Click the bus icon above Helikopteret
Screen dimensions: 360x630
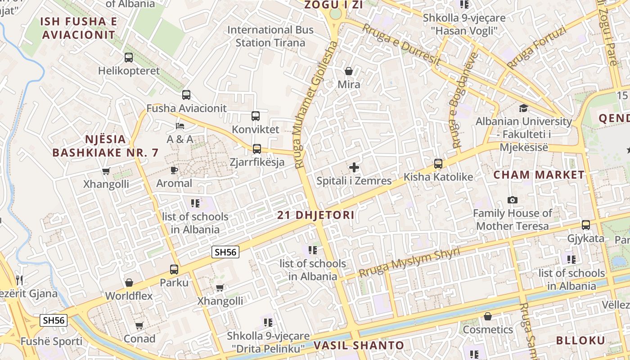(x=129, y=58)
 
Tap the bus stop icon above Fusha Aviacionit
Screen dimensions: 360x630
(x=186, y=95)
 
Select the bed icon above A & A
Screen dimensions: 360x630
(x=180, y=126)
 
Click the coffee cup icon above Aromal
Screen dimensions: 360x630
(x=174, y=170)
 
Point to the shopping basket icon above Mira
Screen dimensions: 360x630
(x=348, y=71)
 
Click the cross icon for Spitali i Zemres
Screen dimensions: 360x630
(x=354, y=168)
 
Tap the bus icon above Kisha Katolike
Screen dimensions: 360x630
(x=438, y=164)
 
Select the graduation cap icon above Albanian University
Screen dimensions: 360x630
(x=523, y=108)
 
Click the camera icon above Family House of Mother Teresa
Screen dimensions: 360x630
(x=512, y=200)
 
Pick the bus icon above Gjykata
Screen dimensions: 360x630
(x=585, y=225)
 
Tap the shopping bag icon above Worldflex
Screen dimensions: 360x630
(x=129, y=283)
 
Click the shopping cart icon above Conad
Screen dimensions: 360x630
(x=139, y=325)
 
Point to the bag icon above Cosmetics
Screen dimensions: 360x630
(x=488, y=316)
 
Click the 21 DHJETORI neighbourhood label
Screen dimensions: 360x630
(x=315, y=215)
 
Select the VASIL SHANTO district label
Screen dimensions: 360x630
(x=352, y=346)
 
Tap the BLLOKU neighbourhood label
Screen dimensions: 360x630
(x=580, y=340)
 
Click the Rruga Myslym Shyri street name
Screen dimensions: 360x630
(x=409, y=263)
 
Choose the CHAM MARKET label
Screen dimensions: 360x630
(x=539, y=175)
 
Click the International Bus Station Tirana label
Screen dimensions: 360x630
(x=270, y=36)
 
